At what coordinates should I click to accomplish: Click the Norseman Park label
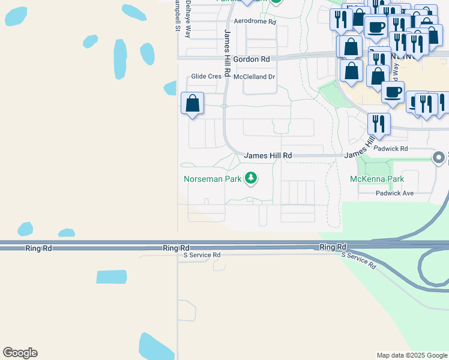(x=212, y=179)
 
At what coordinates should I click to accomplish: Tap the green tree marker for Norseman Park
(x=252, y=178)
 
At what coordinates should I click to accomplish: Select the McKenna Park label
(x=377, y=179)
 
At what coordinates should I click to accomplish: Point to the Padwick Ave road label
(x=395, y=193)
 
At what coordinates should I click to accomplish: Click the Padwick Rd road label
(x=390, y=148)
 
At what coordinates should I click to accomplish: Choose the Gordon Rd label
(x=252, y=59)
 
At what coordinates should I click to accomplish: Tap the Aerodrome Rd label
(x=255, y=21)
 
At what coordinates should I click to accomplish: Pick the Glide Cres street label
(x=206, y=77)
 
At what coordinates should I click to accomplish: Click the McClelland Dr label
(x=254, y=77)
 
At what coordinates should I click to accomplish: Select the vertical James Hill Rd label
(x=227, y=54)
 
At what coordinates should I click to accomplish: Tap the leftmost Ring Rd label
(x=37, y=248)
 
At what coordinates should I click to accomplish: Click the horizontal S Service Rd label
(x=202, y=255)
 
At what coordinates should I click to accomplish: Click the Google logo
(x=20, y=353)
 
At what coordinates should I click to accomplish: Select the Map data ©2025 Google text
(x=411, y=355)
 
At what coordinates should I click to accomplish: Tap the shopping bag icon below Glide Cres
(x=193, y=103)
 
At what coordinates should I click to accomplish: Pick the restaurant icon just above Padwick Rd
(x=379, y=124)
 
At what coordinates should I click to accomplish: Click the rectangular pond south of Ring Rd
(x=112, y=277)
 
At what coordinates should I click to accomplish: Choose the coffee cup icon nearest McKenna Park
(x=393, y=92)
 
